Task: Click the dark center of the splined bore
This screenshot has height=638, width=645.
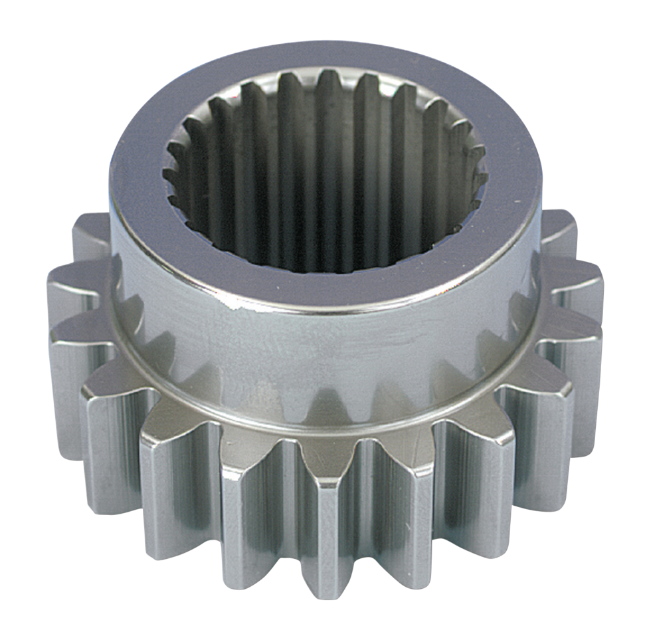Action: tap(325, 179)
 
